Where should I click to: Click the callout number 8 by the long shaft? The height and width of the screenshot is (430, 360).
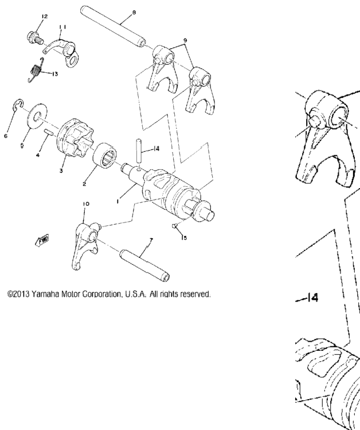pyautogui.click(x=134, y=13)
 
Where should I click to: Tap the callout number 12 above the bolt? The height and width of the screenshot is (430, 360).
pyautogui.click(x=44, y=16)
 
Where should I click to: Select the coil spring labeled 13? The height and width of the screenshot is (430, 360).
pyautogui.click(x=36, y=70)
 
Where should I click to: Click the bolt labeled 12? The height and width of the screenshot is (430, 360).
pyautogui.click(x=35, y=37)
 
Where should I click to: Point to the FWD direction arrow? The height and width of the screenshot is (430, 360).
pyautogui.click(x=42, y=240)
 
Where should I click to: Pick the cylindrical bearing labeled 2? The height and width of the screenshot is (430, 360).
pyautogui.click(x=105, y=155)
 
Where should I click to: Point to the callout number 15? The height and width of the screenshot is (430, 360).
pyautogui.click(x=184, y=238)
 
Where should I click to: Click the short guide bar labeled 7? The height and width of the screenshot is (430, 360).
pyautogui.click(x=144, y=265)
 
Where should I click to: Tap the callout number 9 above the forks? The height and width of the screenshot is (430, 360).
pyautogui.click(x=185, y=40)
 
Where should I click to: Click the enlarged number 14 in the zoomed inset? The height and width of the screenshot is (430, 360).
pyautogui.click(x=312, y=297)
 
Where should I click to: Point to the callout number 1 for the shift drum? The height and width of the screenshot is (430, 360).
pyautogui.click(x=118, y=202)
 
